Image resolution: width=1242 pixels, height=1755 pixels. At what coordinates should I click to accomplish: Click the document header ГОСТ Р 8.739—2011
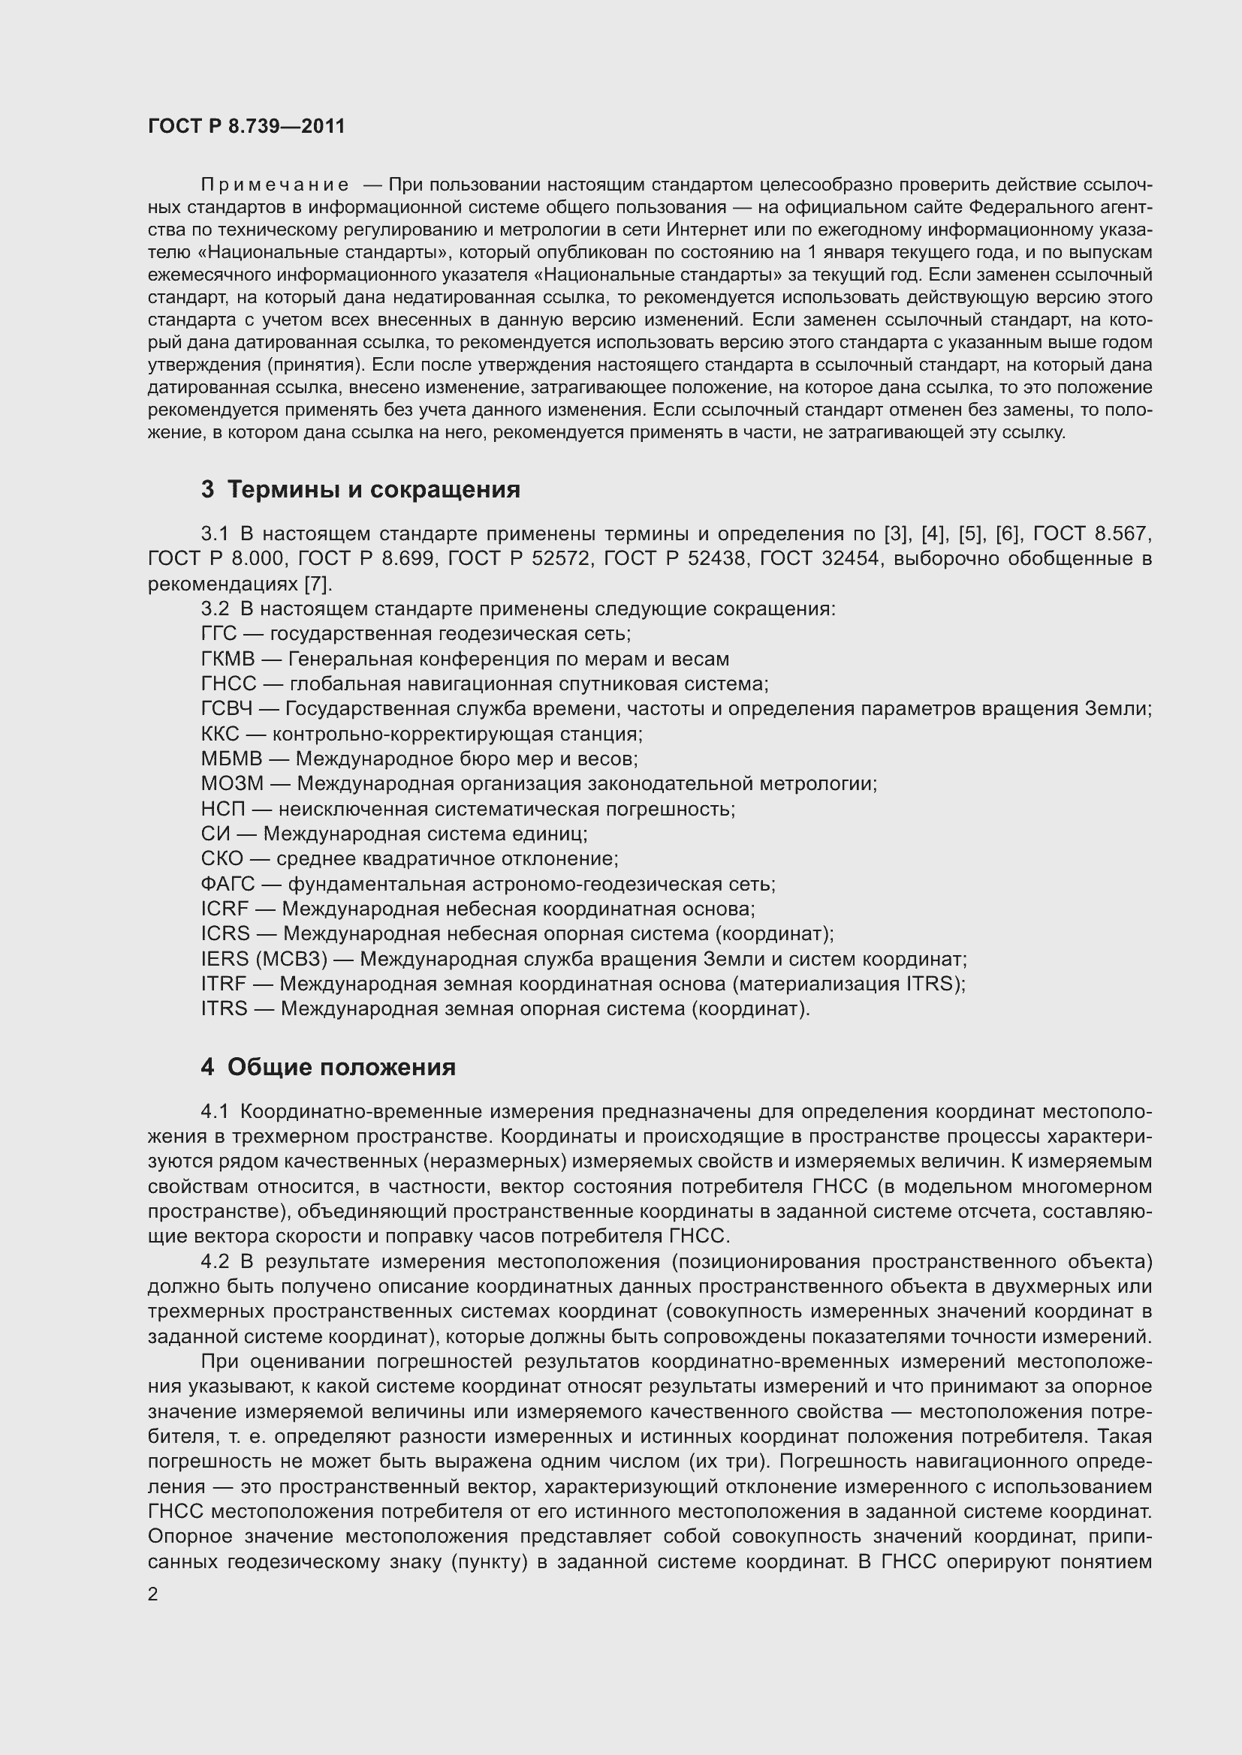click(x=246, y=126)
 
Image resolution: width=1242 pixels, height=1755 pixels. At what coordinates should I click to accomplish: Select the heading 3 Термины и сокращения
click(x=360, y=489)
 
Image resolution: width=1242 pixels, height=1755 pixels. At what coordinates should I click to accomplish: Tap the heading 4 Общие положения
click(x=328, y=1067)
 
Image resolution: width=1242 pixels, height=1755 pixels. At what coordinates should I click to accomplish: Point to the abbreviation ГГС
click(x=219, y=634)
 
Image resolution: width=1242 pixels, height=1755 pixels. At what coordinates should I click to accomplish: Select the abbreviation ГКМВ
click(x=227, y=659)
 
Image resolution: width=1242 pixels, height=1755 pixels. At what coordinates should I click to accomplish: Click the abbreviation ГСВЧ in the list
click(x=226, y=708)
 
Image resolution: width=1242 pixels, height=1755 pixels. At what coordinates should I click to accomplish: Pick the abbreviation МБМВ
click(x=231, y=759)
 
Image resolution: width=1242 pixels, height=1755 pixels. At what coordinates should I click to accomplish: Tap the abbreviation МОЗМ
click(x=232, y=784)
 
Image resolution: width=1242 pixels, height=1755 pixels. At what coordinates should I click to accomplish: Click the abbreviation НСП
click(x=222, y=809)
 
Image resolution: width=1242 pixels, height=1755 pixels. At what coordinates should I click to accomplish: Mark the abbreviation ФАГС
click(x=227, y=885)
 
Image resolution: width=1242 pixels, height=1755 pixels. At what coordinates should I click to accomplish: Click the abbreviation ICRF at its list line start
click(x=224, y=909)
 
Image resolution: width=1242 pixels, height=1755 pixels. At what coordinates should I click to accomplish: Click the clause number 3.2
click(x=215, y=609)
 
